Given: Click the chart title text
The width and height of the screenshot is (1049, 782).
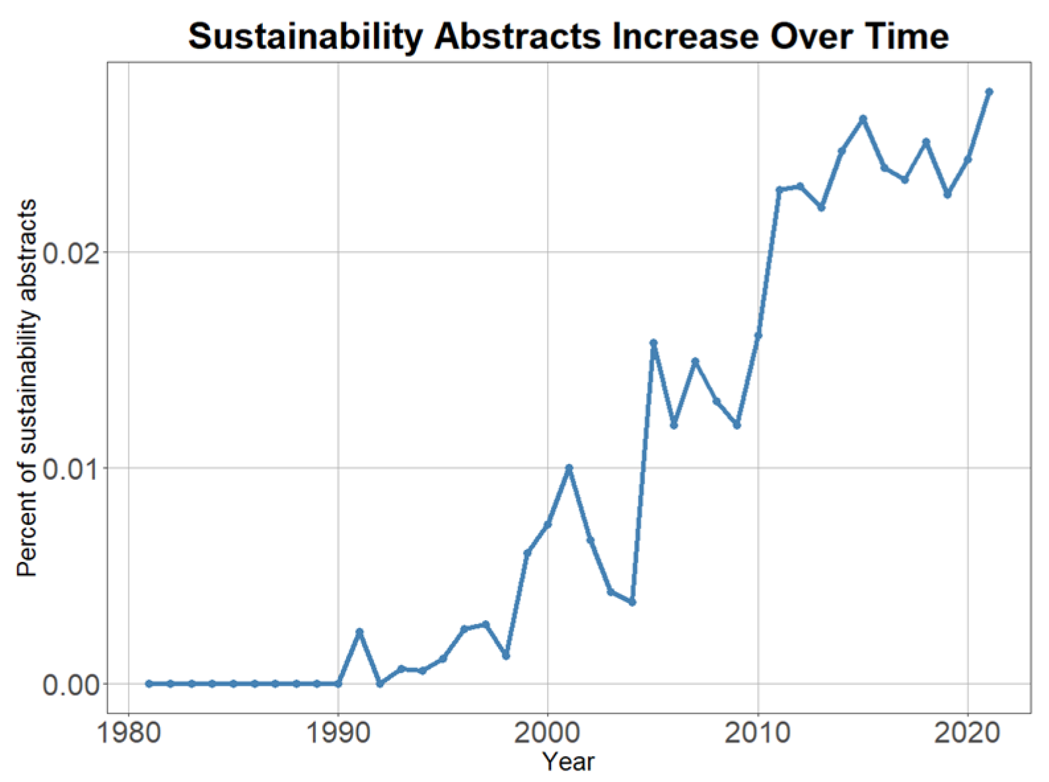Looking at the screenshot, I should [x=568, y=36].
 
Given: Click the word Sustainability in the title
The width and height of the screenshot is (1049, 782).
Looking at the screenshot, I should [x=305, y=36].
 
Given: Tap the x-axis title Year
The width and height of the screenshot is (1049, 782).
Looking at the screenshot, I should [x=568, y=762].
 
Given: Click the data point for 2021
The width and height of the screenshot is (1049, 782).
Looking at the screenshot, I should [x=989, y=92].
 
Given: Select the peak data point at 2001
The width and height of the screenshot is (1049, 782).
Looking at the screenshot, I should [x=569, y=468].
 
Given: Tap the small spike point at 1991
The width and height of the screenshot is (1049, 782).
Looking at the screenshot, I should [x=359, y=632].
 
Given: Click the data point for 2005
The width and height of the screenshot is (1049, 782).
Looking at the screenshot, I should [x=653, y=343].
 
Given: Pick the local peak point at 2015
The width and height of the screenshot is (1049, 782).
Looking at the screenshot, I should [x=863, y=119].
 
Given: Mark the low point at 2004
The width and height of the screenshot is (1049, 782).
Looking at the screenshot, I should [x=632, y=602].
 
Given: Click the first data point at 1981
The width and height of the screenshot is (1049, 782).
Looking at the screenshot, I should [x=149, y=684].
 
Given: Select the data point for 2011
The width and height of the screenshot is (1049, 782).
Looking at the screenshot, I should [x=779, y=190].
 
